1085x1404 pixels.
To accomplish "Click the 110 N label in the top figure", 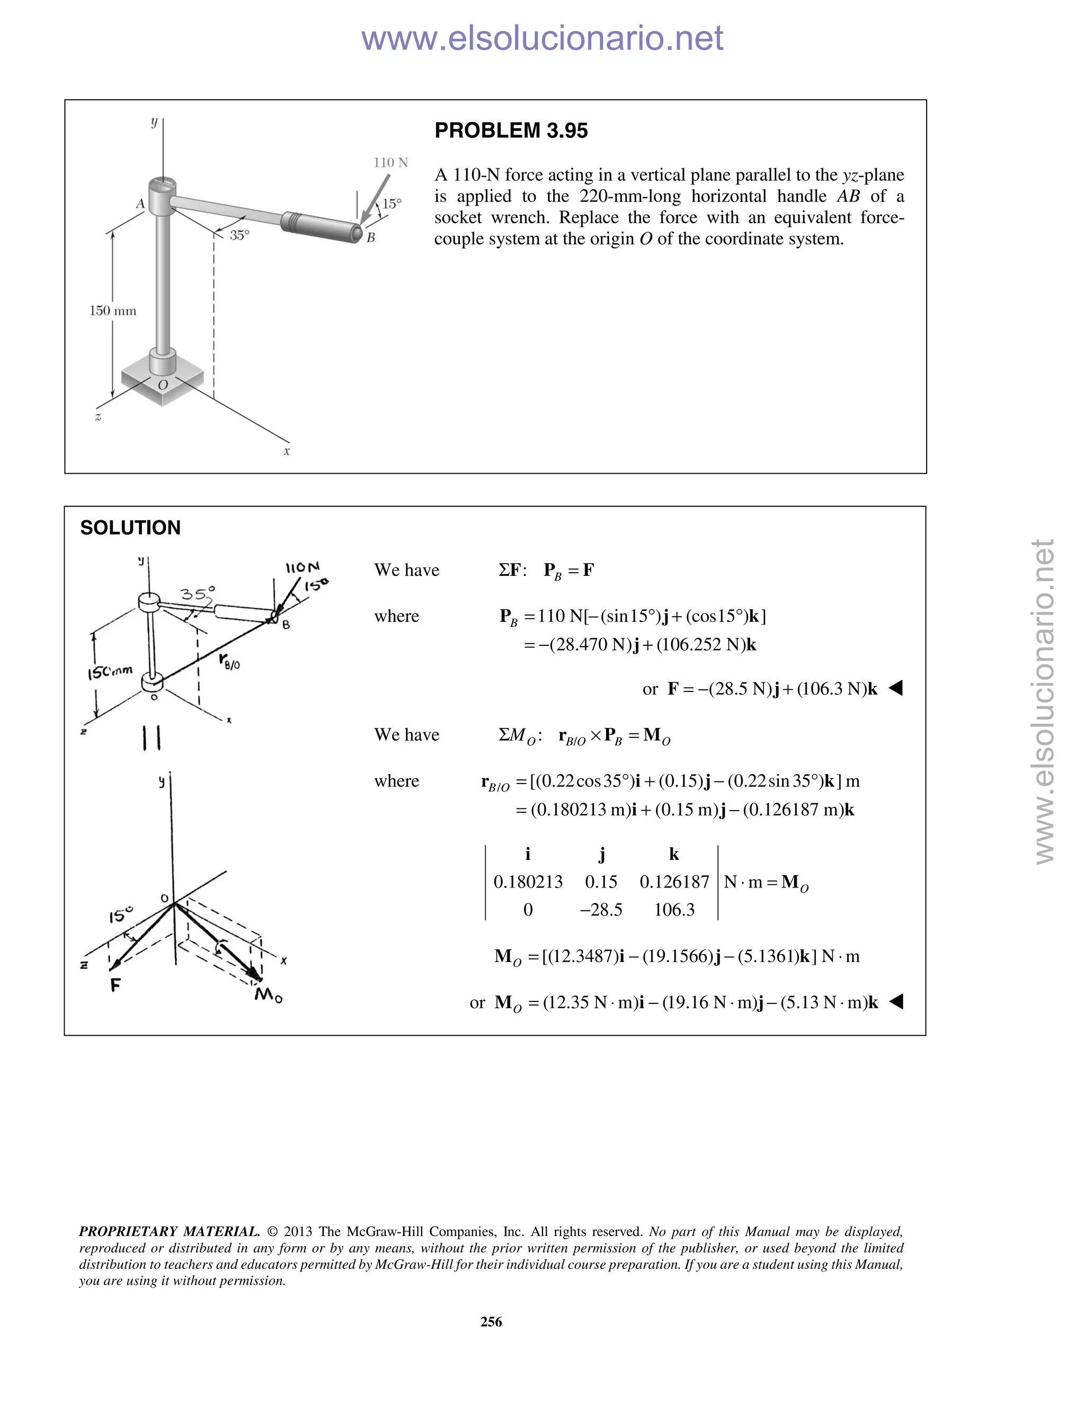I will [390, 163].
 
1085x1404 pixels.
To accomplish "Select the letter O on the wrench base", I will [163, 385].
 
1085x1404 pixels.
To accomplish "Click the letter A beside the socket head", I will [140, 204].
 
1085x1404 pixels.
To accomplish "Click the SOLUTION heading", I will [130, 528].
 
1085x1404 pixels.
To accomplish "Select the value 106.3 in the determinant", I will [674, 910].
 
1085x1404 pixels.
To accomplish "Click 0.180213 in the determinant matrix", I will [528, 882].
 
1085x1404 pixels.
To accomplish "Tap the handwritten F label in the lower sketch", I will [115, 984].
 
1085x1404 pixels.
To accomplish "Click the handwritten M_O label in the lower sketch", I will [268, 996].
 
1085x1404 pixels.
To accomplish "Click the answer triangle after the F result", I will [895, 689].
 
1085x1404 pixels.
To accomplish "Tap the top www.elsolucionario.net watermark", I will [542, 38].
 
